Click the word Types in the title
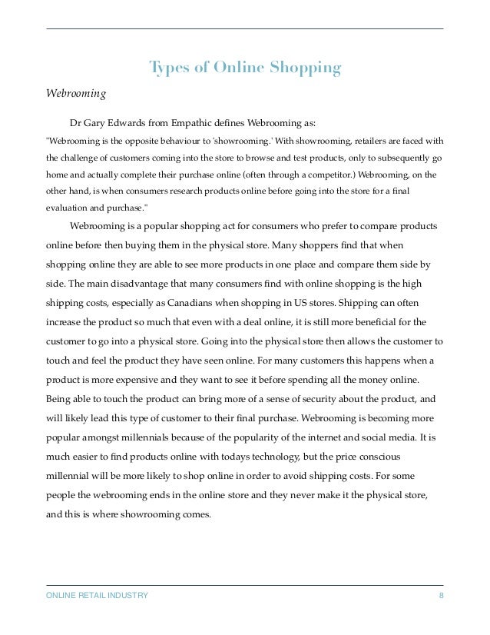pyautogui.click(x=168, y=68)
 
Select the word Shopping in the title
pyautogui.click(x=306, y=68)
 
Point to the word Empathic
pyautogui.click(x=204, y=121)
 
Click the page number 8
pyautogui.click(x=441, y=596)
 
